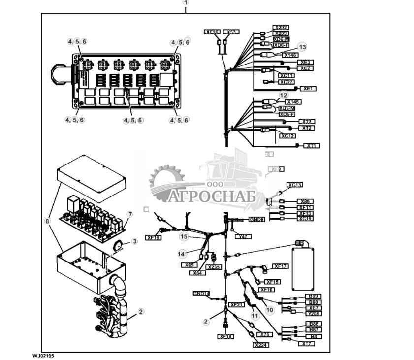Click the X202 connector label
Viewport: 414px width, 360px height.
coord(282,27)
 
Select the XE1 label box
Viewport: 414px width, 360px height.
coord(308,89)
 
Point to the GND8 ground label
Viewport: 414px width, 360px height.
coord(256,219)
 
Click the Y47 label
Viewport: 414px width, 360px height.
coord(242,237)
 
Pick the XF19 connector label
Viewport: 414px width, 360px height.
coord(153,237)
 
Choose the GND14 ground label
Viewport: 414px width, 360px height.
coord(201,293)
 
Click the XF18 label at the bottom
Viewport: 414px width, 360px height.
coord(226,336)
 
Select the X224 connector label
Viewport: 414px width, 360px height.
coord(261,345)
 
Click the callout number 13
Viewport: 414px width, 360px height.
coord(302,47)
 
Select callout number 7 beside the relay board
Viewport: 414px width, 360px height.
coord(130,214)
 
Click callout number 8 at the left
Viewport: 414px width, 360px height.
coord(48,221)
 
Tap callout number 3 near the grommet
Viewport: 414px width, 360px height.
coord(134,241)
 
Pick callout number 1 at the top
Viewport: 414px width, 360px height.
coord(186,2)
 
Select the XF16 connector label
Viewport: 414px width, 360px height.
coord(212,32)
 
